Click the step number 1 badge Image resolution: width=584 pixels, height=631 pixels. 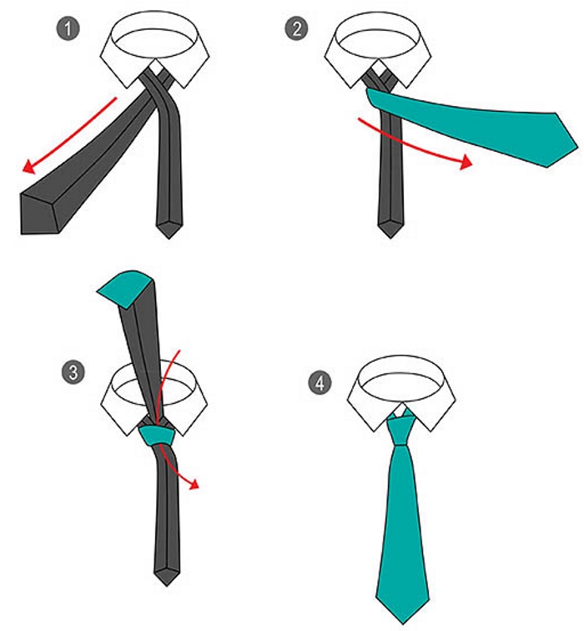click(x=68, y=29)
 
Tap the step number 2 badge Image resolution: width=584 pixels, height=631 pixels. click(x=296, y=29)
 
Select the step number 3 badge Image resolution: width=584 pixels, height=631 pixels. click(x=73, y=372)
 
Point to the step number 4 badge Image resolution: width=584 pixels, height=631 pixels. click(x=320, y=382)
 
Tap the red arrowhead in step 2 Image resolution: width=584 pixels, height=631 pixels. click(x=466, y=161)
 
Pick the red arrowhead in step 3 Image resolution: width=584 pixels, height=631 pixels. click(x=194, y=484)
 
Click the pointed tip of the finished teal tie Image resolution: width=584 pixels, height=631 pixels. click(x=403, y=623)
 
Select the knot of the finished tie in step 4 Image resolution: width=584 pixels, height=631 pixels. click(x=400, y=431)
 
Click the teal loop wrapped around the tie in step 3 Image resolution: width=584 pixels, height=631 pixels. click(x=157, y=436)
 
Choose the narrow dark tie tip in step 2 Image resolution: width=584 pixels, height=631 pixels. click(x=390, y=237)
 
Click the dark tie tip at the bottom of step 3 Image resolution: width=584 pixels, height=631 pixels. click(x=167, y=585)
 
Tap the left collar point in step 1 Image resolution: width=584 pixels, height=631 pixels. click(x=128, y=88)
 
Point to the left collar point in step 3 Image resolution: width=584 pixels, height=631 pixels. click(x=128, y=435)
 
